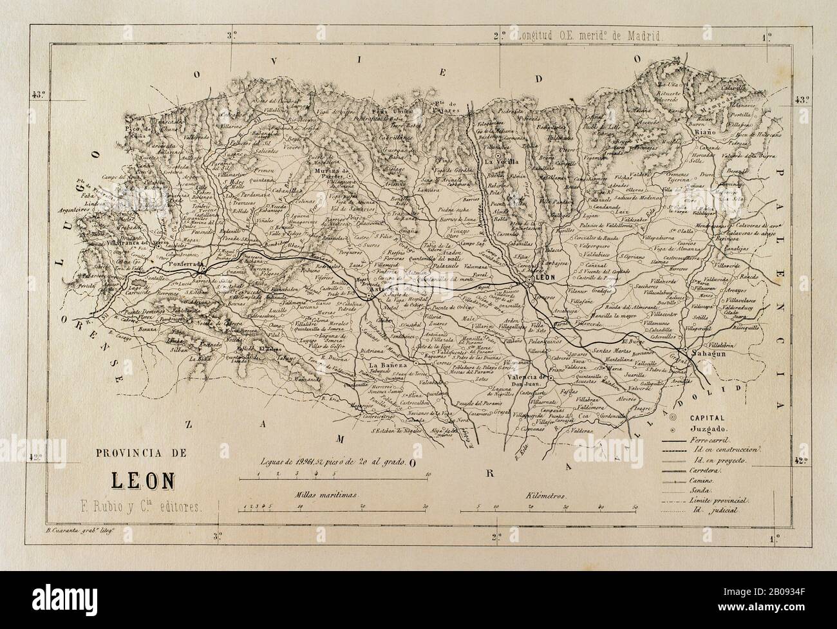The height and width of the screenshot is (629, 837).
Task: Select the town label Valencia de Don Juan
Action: pos(527,380)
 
